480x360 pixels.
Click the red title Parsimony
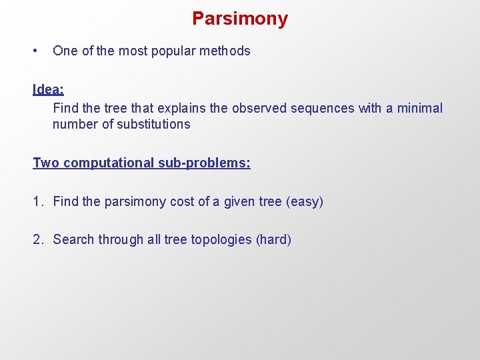point(240,19)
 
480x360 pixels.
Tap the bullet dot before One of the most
point(35,51)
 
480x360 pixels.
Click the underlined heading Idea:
point(49,89)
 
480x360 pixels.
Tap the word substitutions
point(153,124)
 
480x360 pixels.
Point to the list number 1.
point(37,201)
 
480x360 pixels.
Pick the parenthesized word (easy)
point(304,201)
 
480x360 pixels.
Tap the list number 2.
point(37,239)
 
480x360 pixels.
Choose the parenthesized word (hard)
point(273,239)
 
